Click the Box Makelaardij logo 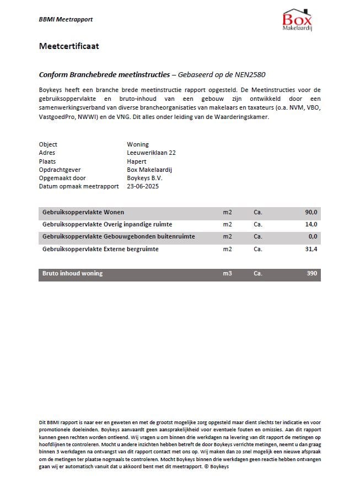298,20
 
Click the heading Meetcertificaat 69,46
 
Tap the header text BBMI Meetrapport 66,19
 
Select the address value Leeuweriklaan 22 151,153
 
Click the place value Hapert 136,161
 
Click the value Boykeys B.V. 144,178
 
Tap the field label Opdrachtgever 60,170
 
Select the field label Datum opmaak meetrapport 79,187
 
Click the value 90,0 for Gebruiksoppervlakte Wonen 311,212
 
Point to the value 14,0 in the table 311,224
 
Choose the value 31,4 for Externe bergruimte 311,249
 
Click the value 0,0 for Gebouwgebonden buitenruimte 313,237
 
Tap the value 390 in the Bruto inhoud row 311,273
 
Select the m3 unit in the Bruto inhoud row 227,273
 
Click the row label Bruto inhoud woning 72,273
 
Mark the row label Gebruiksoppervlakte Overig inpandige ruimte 107,224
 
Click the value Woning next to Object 138,144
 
